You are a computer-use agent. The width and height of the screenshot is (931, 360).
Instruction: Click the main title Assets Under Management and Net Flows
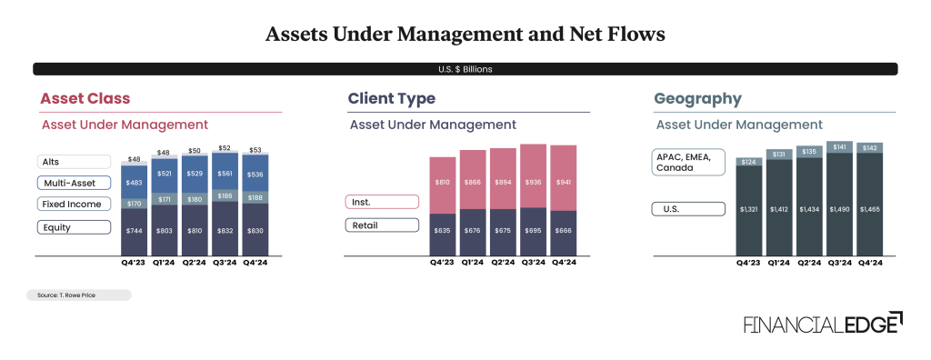(465, 35)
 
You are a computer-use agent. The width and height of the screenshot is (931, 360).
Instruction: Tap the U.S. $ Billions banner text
(465, 69)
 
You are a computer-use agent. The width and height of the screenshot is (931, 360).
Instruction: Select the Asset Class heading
(85, 98)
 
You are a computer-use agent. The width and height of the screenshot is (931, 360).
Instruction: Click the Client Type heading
(391, 98)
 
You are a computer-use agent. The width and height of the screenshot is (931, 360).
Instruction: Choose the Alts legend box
(74, 161)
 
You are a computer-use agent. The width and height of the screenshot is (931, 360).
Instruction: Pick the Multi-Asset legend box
(74, 183)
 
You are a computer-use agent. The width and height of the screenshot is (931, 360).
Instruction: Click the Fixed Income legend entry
(74, 205)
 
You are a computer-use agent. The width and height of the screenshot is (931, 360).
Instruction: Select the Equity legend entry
(74, 227)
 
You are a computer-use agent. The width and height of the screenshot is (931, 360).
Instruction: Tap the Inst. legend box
(382, 202)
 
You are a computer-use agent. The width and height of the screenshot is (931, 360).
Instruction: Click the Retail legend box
(382, 225)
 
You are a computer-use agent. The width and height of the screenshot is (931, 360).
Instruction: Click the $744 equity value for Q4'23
(135, 232)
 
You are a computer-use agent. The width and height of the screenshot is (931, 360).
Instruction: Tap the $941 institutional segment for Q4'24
(565, 182)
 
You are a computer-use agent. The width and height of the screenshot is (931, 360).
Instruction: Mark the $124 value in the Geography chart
(749, 162)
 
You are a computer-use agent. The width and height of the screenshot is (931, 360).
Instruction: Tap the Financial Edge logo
(823, 325)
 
